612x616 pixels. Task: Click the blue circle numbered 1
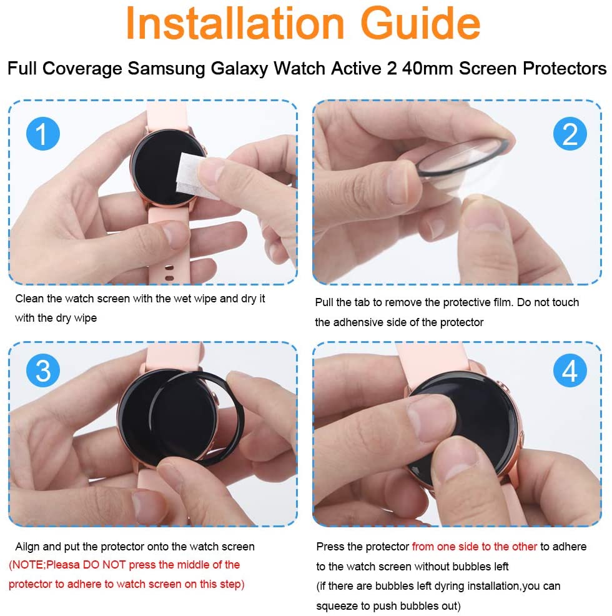[43, 134]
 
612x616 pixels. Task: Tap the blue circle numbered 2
[570, 134]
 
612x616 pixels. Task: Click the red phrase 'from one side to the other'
[474, 547]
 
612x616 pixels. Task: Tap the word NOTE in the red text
[26, 565]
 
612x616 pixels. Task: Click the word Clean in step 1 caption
[29, 299]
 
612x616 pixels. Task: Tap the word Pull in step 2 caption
[325, 302]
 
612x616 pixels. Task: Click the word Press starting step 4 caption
[330, 547]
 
